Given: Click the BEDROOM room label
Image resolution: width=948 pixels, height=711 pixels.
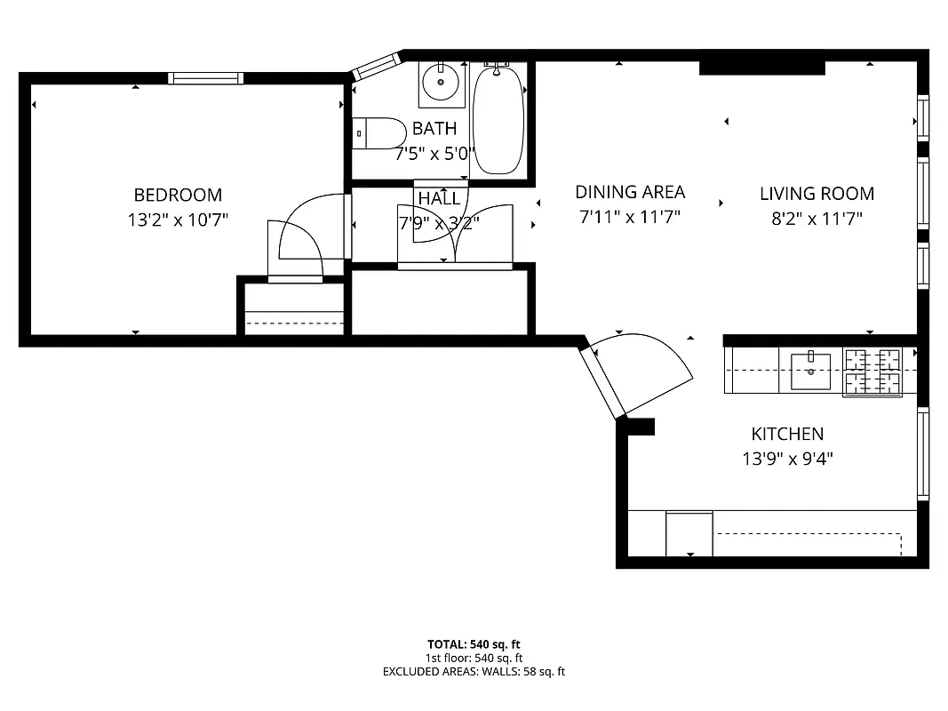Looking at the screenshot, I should coord(178,196).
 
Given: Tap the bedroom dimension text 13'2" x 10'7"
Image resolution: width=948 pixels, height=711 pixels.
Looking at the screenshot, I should coord(178,220).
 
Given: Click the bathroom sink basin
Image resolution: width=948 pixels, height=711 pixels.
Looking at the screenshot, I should coord(439,84).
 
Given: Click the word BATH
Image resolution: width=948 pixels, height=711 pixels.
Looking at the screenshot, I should coord(434,129).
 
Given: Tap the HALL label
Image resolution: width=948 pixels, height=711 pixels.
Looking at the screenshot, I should coord(439,198).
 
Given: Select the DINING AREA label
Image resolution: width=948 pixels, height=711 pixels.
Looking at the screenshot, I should coord(630,192).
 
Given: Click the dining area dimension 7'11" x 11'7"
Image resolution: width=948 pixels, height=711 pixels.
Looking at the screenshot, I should coord(630,217).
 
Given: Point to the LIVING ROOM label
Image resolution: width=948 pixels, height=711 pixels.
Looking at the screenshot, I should coord(817,194).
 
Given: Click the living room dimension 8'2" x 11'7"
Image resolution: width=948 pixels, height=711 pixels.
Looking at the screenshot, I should coord(817,218).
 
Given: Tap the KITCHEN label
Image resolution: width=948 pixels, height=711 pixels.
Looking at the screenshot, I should coord(787,435).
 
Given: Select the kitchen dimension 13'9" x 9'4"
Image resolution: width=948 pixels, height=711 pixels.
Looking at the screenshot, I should coord(787,459).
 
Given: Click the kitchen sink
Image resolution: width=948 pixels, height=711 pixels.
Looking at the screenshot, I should coord(810,371).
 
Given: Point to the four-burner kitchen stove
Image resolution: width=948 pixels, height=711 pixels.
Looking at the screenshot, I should coord(872,371).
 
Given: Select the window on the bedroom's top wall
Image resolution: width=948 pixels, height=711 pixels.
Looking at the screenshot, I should coord(206,78).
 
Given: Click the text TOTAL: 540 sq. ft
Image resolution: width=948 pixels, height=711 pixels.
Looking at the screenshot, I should coord(474,644).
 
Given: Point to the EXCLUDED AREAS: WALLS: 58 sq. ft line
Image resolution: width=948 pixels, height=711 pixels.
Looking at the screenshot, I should coord(474,672).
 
